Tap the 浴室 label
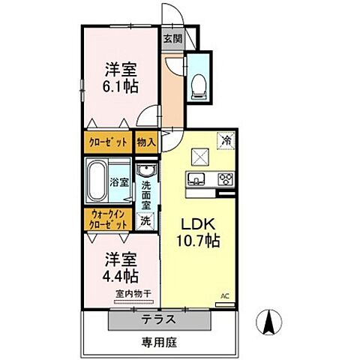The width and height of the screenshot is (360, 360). [x=118, y=182]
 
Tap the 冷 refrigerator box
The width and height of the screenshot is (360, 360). [x=224, y=139]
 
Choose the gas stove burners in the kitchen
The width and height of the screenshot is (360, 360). [x=224, y=178]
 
